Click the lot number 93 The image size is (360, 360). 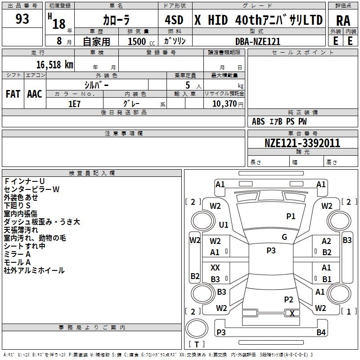(22, 19)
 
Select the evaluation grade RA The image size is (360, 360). (343, 20)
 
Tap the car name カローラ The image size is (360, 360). (116, 20)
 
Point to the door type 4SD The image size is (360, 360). (174, 20)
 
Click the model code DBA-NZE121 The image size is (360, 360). (258, 41)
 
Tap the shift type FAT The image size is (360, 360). (13, 94)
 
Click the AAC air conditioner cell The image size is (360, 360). (35, 94)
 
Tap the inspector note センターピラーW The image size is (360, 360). (31, 189)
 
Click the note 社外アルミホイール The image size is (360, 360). (34, 270)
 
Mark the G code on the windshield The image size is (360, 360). (284, 237)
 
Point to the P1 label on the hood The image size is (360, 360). (291, 216)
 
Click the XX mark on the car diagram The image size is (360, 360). (216, 267)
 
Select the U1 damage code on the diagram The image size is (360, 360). (224, 225)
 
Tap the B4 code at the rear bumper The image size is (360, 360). (321, 333)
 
